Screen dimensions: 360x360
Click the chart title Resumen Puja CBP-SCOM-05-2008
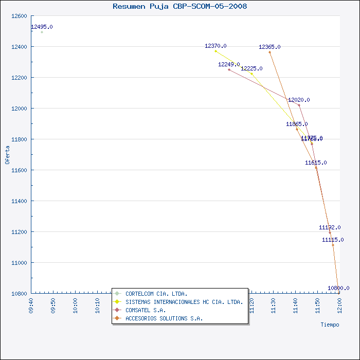[x=179, y=6]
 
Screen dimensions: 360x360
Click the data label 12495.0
[x=42, y=27]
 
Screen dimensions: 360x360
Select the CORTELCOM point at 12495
[x=42, y=32]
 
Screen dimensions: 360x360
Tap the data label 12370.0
[x=215, y=46]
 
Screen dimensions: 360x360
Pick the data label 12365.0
[x=269, y=47]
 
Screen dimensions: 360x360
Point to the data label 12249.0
[x=229, y=64]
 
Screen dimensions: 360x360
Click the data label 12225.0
[x=251, y=68]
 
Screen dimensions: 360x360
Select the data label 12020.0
[x=299, y=100]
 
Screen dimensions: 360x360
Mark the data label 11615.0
[x=316, y=163]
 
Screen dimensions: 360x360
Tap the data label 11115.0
[x=333, y=240]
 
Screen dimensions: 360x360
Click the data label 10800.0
[x=338, y=288]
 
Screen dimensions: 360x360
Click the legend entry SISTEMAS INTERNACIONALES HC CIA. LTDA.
[x=184, y=302]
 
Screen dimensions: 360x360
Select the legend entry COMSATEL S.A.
[x=146, y=310]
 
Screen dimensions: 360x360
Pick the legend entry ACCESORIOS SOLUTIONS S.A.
[x=164, y=318]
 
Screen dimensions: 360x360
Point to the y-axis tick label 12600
[x=19, y=16]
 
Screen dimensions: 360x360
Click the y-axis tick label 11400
[x=19, y=201]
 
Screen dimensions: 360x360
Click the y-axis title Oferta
[x=7, y=154]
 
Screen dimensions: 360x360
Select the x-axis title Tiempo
[x=330, y=325]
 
